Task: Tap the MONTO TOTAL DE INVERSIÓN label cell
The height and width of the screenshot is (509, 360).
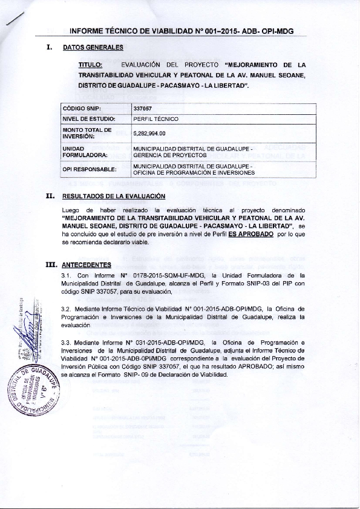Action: click(88, 133)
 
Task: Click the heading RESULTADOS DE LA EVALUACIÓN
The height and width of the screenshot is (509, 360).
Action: click(110, 196)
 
